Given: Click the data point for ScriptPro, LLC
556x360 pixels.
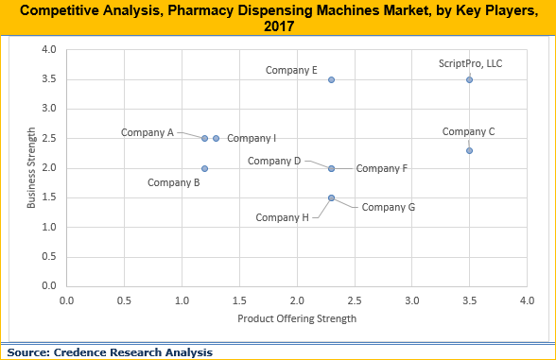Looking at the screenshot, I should click(469, 79).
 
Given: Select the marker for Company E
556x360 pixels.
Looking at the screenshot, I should click(331, 79).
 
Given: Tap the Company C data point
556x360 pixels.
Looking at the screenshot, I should click(469, 150).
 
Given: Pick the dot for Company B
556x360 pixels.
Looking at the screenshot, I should click(204, 168).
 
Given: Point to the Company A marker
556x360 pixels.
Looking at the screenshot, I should click(204, 138).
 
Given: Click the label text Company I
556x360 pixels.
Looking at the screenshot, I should click(252, 138).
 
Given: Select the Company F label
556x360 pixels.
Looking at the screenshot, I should click(382, 168).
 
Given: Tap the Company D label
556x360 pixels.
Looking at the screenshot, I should click(274, 161).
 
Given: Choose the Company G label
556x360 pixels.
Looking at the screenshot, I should click(389, 207).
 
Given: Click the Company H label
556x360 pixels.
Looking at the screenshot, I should click(283, 217).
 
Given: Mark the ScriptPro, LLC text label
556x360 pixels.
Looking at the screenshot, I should click(469, 62).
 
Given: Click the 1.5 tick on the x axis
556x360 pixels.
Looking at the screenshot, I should click(239, 300).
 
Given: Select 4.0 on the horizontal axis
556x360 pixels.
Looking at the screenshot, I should click(527, 300).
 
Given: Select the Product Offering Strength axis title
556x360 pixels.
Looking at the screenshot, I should click(297, 318).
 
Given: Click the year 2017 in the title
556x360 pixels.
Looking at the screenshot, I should click(278, 26).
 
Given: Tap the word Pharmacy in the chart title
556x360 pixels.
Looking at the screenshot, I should click(210, 9).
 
